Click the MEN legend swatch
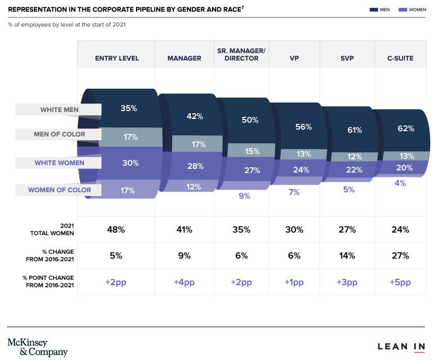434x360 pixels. pos(373,10)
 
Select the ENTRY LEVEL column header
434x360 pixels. pos(117,58)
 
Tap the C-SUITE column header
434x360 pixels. pos(401,58)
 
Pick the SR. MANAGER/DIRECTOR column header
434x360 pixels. pos(242,54)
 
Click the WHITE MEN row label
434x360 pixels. pos(59,110)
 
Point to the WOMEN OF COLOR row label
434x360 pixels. pos(59,190)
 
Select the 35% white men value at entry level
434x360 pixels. pos(129,108)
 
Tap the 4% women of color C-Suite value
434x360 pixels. pos(400,183)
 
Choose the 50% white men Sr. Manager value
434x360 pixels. pos(250,120)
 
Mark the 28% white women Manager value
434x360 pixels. pos(195,166)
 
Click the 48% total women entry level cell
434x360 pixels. pos(116,229)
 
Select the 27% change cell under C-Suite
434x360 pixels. pos(400,255)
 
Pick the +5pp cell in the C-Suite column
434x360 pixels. pos(400,282)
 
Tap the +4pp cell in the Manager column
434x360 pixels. pos(184,282)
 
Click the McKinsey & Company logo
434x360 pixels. pos(38,347)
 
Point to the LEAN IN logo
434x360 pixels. pos(401,347)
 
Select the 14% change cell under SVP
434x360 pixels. pos(347,255)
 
